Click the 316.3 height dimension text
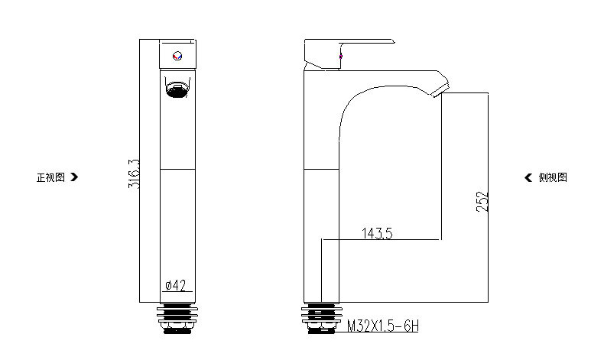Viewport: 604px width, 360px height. point(134,174)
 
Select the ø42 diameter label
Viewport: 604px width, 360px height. point(176,285)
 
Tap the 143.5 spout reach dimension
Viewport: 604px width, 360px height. point(377,233)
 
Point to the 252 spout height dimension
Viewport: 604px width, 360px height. point(482,201)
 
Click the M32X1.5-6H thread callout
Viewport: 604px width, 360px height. point(383,326)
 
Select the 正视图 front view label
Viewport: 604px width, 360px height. point(50,177)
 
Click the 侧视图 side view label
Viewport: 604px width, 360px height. point(553,177)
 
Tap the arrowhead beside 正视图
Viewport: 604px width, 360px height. point(74,177)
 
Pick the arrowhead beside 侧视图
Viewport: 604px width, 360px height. point(528,177)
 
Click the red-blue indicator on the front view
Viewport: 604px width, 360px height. point(177,56)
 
